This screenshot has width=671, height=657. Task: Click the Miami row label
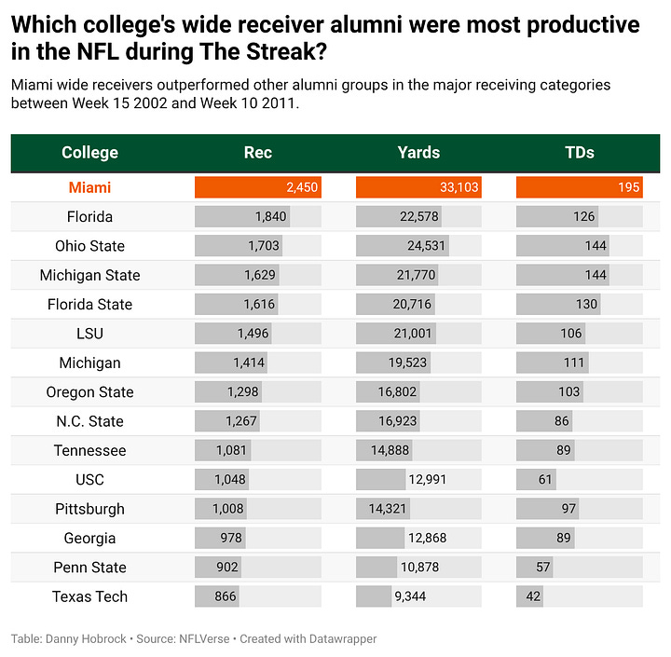tap(89, 187)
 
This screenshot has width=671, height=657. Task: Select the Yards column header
tap(418, 153)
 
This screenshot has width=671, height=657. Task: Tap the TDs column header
tap(579, 153)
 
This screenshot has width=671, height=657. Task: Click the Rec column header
tap(257, 153)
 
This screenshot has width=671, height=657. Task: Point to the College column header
tap(89, 153)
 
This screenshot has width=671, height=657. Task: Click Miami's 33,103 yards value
tap(459, 187)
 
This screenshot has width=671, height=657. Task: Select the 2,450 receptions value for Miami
tap(301, 187)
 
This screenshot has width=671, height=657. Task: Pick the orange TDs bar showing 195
tap(579, 187)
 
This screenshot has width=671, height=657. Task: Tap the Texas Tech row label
tap(89, 596)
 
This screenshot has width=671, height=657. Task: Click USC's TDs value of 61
tap(545, 480)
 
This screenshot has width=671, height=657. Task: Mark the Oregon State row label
tap(89, 392)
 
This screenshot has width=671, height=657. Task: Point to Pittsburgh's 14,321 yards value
tap(390, 509)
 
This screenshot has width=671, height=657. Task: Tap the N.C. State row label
tap(89, 421)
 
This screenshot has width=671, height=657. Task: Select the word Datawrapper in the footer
tap(344, 639)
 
